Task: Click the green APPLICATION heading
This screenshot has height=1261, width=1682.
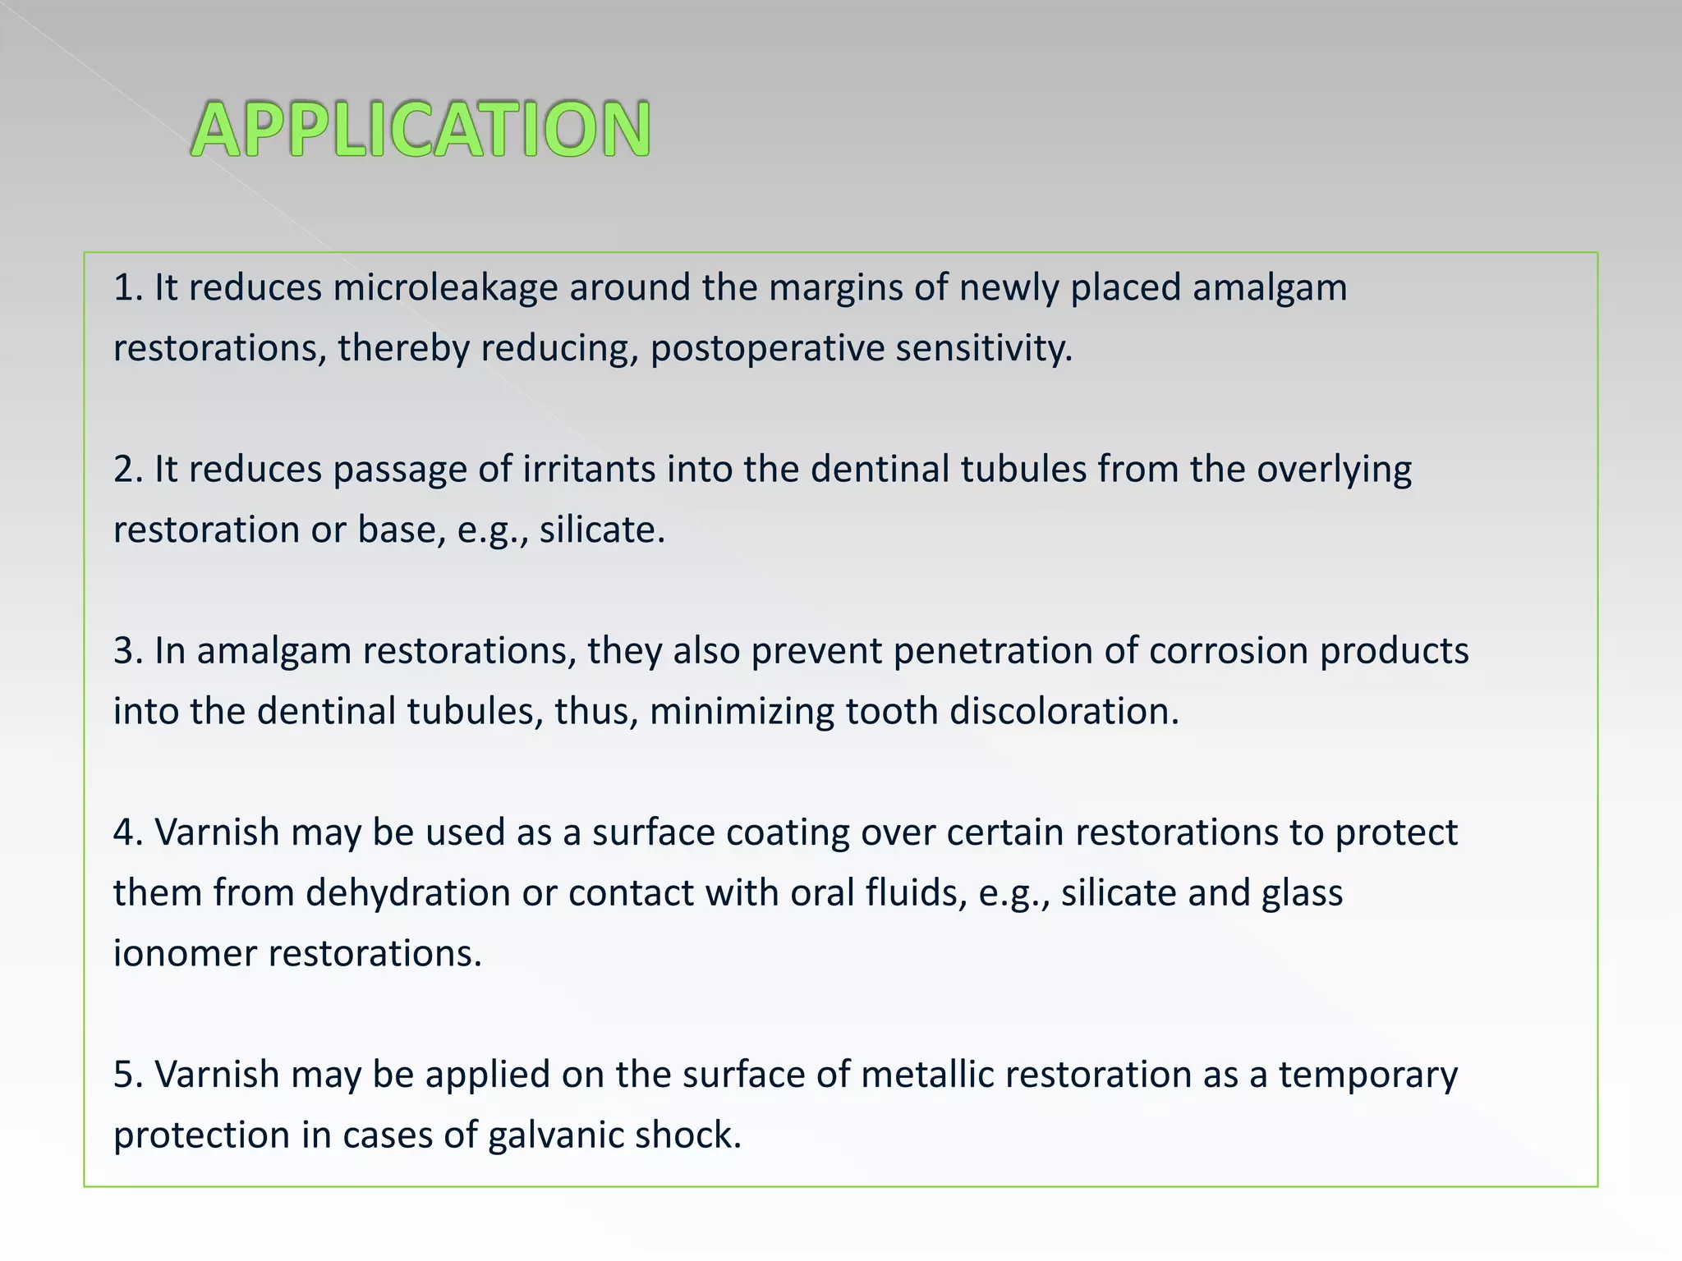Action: point(420,129)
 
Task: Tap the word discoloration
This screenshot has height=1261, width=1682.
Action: point(1064,711)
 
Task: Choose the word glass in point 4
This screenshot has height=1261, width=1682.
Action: point(1302,893)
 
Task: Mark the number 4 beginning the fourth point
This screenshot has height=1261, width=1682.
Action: point(124,832)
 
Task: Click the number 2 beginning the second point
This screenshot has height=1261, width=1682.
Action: point(124,470)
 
